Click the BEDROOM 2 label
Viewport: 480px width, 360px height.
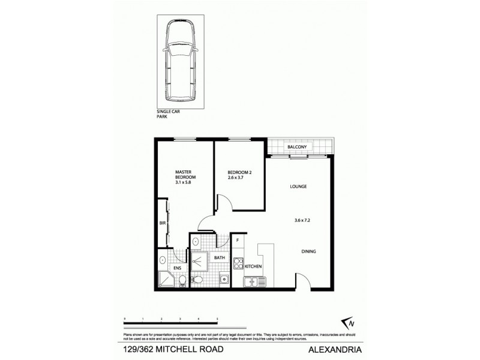(239, 173)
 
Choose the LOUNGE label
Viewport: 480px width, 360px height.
(298, 187)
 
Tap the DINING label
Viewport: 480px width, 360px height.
(309, 251)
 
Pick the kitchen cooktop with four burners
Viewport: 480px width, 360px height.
(238, 263)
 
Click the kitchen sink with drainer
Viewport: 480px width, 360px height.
(254, 281)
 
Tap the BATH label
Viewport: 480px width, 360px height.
(220, 257)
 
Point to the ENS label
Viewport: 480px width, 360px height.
(177, 268)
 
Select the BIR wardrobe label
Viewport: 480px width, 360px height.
(162, 224)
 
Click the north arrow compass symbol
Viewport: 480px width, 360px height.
(346, 321)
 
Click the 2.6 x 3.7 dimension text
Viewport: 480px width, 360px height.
(239, 179)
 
